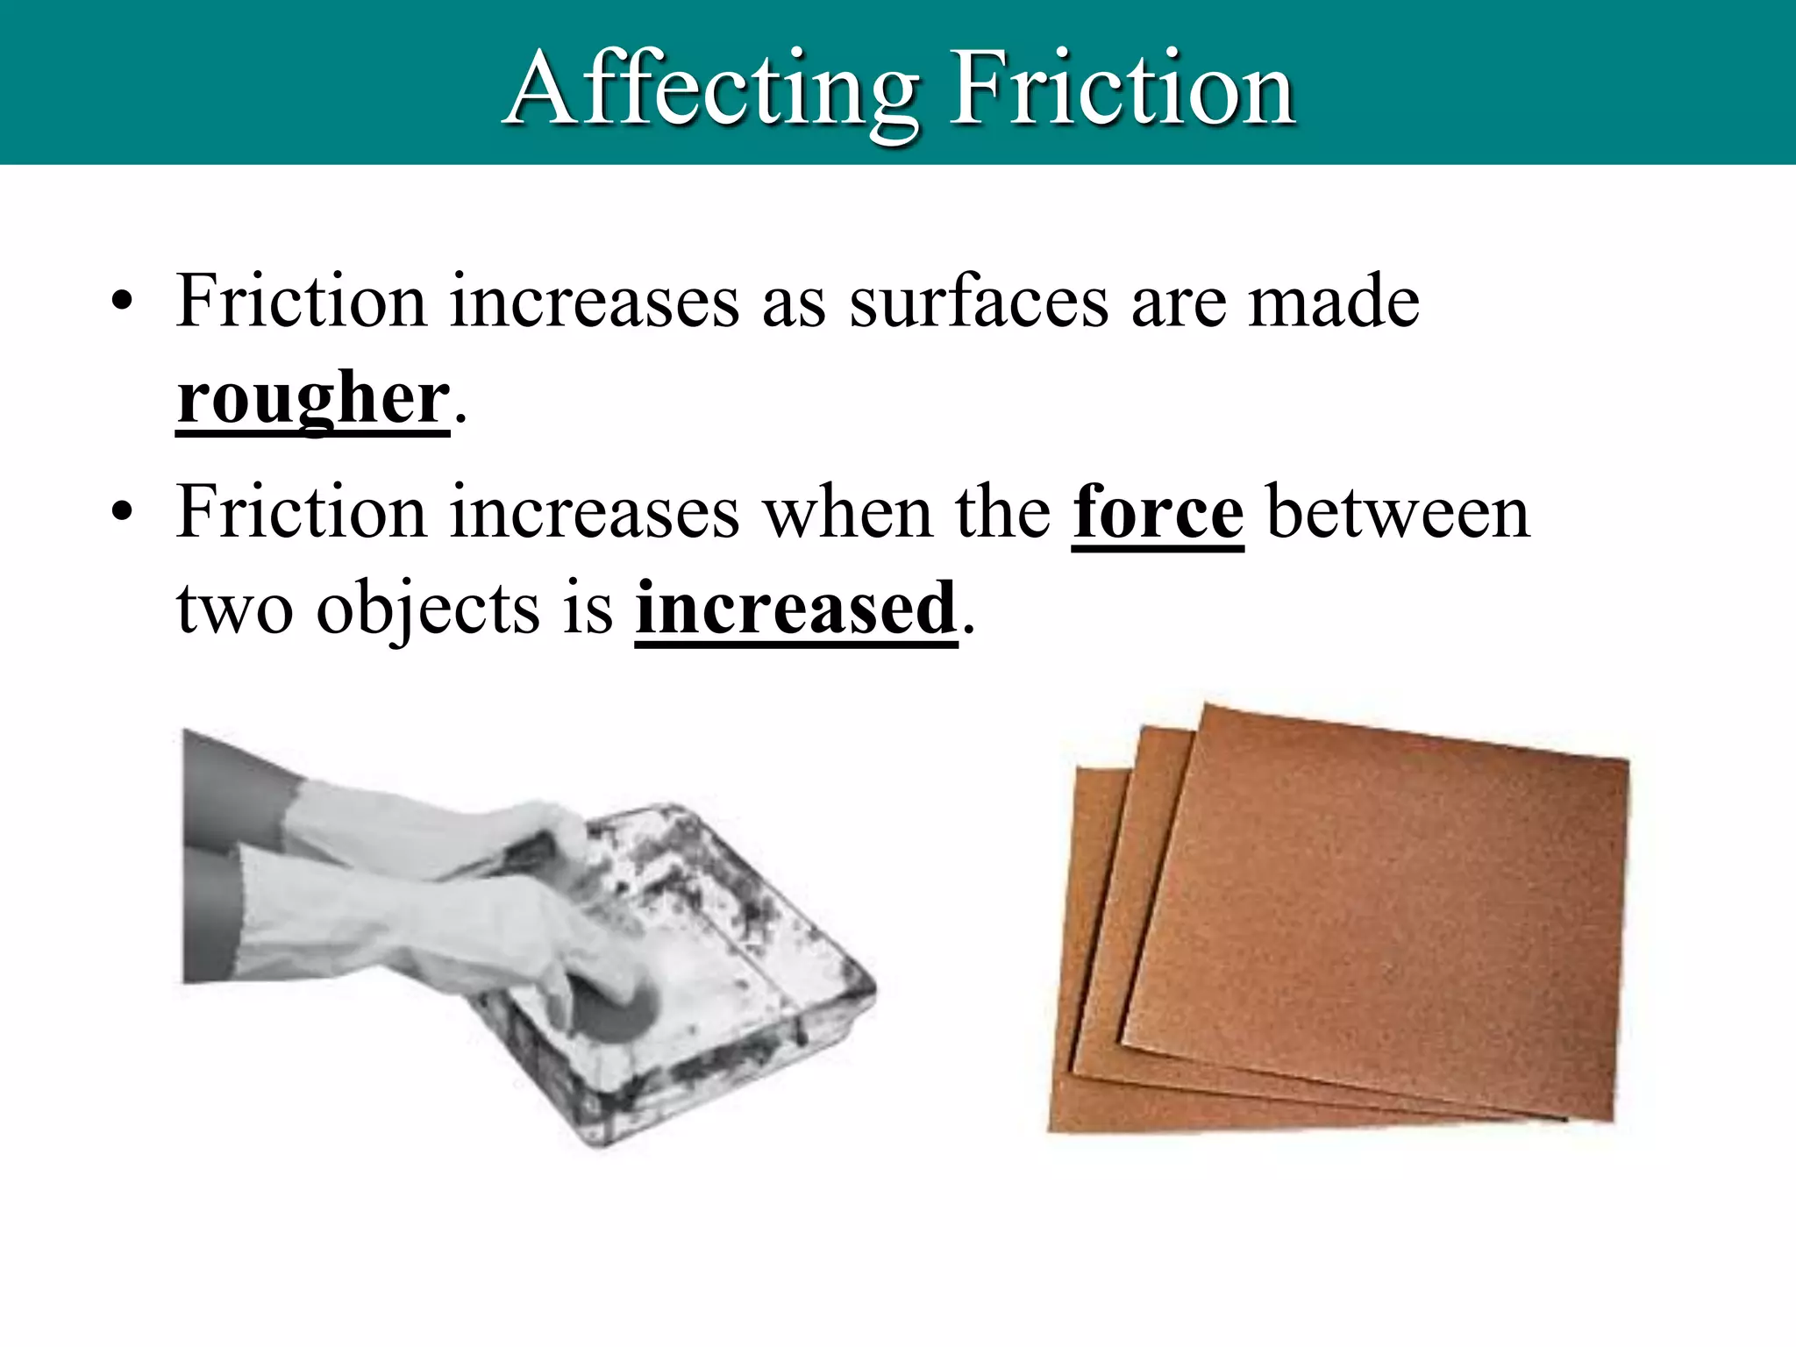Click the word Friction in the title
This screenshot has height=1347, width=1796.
(x=1122, y=88)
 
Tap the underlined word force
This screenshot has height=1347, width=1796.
(x=1158, y=512)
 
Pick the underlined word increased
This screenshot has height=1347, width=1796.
(x=795, y=609)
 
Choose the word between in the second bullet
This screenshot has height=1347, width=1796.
(x=1398, y=512)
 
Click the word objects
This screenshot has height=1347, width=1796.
(x=428, y=610)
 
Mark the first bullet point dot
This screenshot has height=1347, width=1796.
(x=122, y=304)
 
